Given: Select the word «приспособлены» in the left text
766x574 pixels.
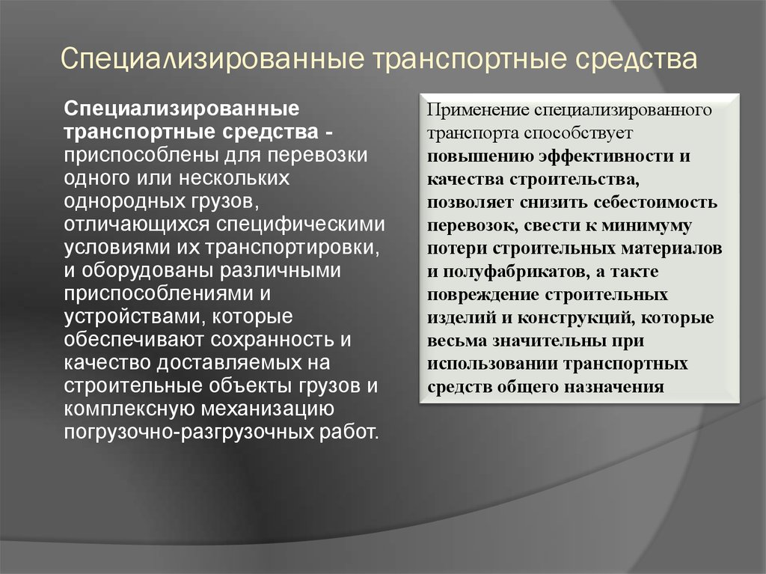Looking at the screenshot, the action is click(141, 156).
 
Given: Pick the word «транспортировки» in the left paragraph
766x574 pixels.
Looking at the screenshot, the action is click(292, 248).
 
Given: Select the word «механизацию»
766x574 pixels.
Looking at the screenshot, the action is click(267, 409).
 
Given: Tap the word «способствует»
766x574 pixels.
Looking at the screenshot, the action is click(578, 133).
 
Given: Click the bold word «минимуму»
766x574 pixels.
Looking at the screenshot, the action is click(646, 225).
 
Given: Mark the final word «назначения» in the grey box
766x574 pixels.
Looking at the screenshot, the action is click(614, 387).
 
